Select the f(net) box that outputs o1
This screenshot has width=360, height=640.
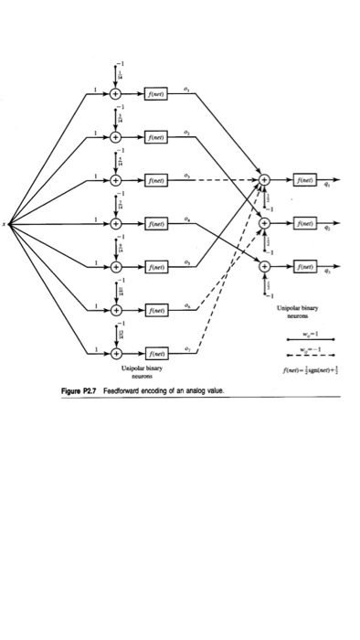coord(155,92)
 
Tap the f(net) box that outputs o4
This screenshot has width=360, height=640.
coord(155,222)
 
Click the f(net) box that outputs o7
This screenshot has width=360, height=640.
coord(155,352)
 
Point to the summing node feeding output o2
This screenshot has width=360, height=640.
coord(116,136)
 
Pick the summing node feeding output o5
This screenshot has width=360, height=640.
coord(116,266)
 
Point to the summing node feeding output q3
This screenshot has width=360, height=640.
coord(265,266)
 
